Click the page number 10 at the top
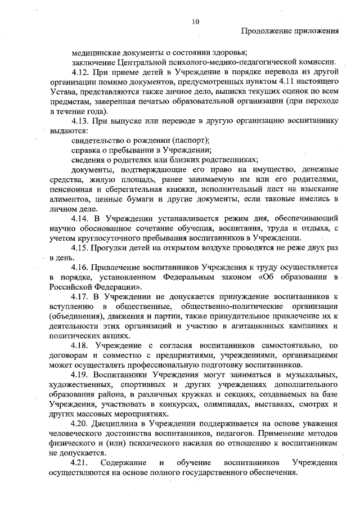(195, 21)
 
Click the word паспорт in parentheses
(190, 140)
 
